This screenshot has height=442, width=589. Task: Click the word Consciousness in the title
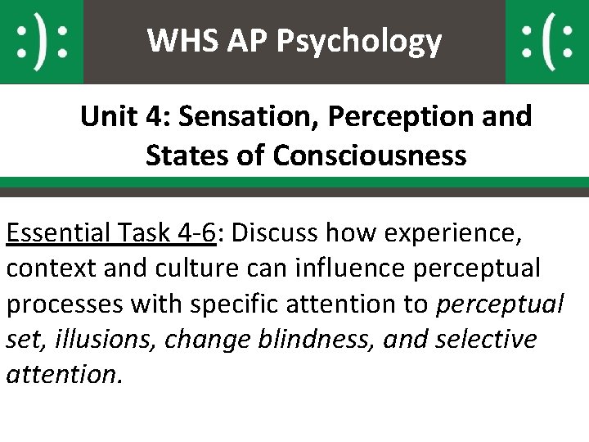click(x=370, y=155)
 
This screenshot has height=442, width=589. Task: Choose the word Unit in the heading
click(x=106, y=117)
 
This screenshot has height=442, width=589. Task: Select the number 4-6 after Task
click(x=195, y=234)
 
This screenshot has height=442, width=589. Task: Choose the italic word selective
click(x=488, y=339)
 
